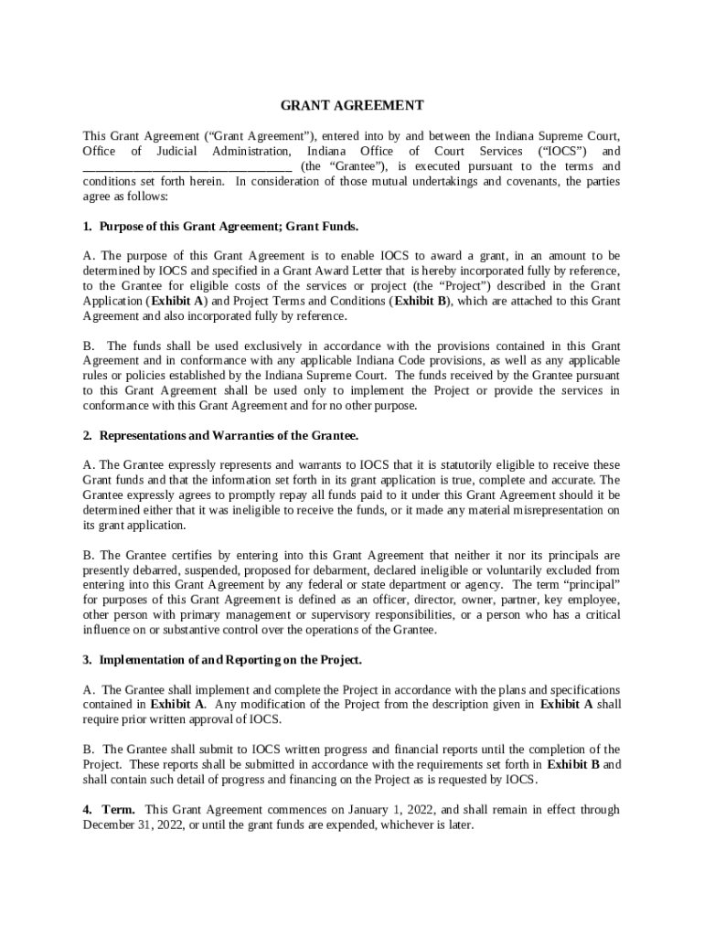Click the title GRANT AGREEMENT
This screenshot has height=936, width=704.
(x=352, y=105)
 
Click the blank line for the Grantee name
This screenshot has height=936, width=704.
(x=187, y=166)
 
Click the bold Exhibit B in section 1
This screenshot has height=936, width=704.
(x=415, y=301)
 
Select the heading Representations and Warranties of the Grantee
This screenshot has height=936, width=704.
(x=229, y=435)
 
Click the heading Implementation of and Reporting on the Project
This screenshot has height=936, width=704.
(x=230, y=660)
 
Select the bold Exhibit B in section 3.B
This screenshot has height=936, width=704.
(x=574, y=764)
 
